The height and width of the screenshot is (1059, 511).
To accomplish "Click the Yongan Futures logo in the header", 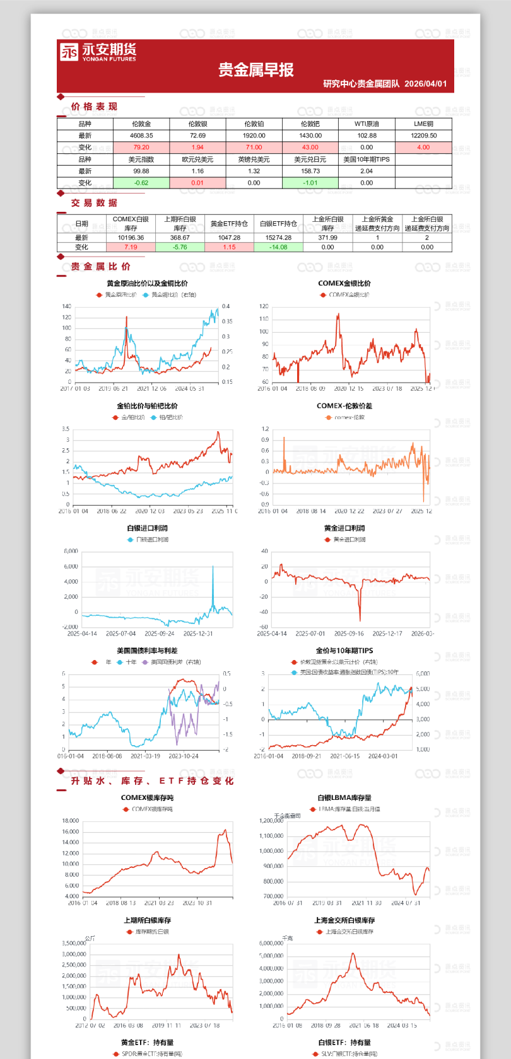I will (x=98, y=52).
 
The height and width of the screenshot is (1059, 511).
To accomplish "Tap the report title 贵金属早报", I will (x=256, y=70).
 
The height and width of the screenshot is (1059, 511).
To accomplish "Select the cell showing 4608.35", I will (x=141, y=136).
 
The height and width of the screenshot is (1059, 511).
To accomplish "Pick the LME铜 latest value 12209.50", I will (x=423, y=136).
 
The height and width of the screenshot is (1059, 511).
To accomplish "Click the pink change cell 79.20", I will (x=141, y=148).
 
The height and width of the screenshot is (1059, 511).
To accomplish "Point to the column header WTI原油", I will (x=367, y=124).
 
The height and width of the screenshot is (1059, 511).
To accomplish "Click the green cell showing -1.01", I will (x=310, y=183).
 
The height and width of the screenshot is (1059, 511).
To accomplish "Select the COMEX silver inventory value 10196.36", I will (x=131, y=238).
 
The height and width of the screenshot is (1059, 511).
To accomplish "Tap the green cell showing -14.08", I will (x=278, y=247).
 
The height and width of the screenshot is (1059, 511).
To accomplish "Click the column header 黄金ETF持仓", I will (x=229, y=224).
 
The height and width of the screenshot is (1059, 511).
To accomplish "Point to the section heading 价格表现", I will (x=94, y=107).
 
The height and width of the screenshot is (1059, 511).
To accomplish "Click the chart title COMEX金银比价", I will (x=344, y=284).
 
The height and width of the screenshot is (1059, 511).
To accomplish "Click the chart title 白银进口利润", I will (x=147, y=528).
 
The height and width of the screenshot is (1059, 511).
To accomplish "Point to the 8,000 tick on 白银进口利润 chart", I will (x=71, y=552).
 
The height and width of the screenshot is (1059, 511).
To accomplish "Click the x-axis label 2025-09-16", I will (x=349, y=634).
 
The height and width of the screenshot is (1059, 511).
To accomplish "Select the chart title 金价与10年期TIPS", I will (x=344, y=651).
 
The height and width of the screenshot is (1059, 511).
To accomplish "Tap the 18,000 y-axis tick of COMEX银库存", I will (x=71, y=821).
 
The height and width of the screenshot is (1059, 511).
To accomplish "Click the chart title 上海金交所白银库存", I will (x=344, y=920).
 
